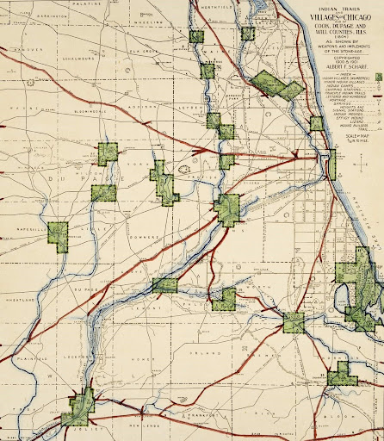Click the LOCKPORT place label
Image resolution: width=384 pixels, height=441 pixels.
[x=84, y=356]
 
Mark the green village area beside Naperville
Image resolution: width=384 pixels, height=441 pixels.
[x=59, y=233]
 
